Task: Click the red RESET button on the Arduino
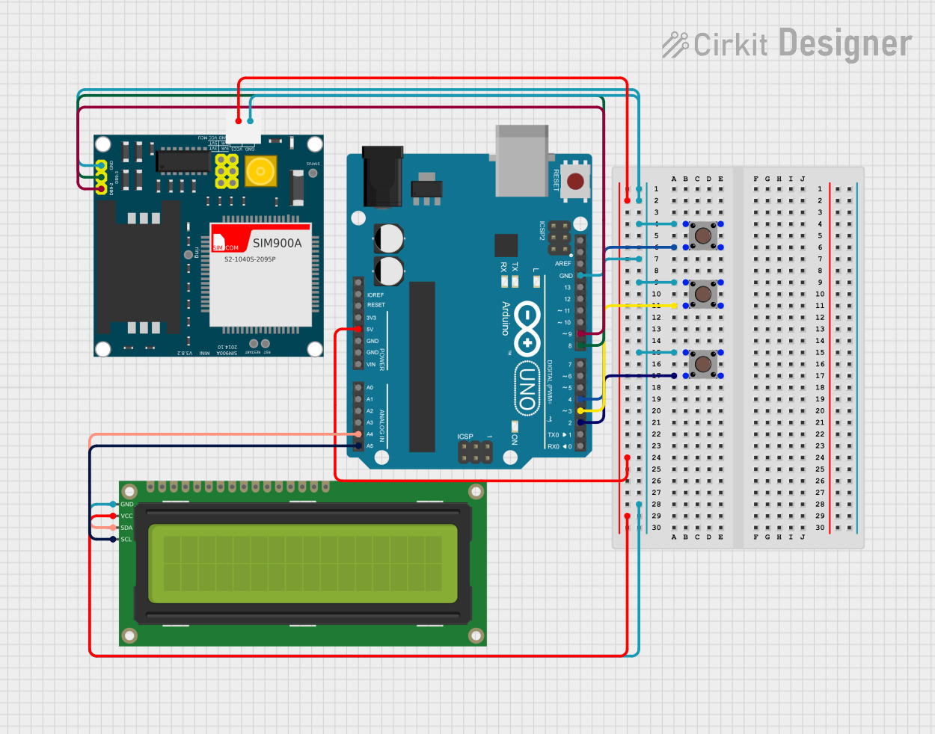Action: point(575,182)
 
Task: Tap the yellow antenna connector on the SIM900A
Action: point(260,171)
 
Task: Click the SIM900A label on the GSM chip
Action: point(277,243)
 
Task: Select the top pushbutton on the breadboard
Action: point(703,236)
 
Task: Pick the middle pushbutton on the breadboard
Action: point(703,294)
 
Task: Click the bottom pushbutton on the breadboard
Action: point(703,365)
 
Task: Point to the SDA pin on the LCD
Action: point(114,528)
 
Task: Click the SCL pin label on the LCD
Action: point(126,540)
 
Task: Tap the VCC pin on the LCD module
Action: point(114,516)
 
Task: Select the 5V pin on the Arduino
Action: point(358,329)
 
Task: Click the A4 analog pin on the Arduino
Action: point(358,434)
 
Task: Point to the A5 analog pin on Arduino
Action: point(358,446)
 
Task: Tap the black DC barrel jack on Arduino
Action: point(382,177)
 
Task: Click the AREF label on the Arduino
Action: point(562,264)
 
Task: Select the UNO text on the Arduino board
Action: point(527,388)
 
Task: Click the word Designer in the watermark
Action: point(845,43)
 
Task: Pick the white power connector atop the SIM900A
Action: point(244,129)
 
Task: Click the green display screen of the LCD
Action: point(303,564)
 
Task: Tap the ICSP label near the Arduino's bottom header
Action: point(465,437)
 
